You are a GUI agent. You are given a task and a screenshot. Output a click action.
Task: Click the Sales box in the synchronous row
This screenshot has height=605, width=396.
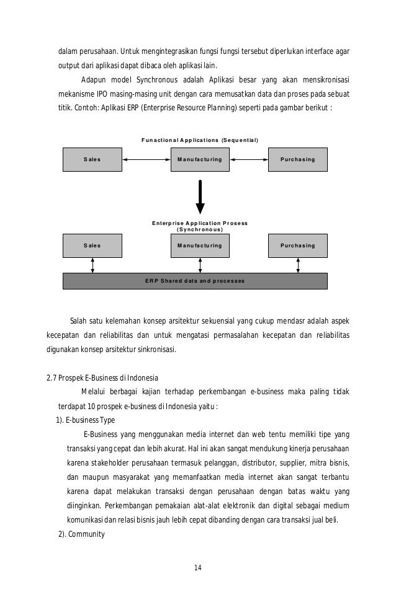(x=92, y=245)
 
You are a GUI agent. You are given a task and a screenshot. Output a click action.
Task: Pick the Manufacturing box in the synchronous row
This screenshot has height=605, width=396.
(x=199, y=245)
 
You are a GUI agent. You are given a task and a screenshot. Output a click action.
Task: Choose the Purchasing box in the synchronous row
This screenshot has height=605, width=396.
(x=297, y=245)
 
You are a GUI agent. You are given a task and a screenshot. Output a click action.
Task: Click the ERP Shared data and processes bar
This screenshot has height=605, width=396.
(x=195, y=281)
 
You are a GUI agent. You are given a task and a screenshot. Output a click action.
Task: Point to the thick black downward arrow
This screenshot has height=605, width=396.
(x=200, y=196)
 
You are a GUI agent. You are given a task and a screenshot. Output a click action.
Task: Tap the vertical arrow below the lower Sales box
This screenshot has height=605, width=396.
(x=92, y=265)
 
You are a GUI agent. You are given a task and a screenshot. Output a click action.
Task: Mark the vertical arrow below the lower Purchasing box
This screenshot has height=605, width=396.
(x=299, y=265)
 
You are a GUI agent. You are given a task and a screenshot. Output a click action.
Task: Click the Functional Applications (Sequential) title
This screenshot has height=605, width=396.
(x=199, y=138)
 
